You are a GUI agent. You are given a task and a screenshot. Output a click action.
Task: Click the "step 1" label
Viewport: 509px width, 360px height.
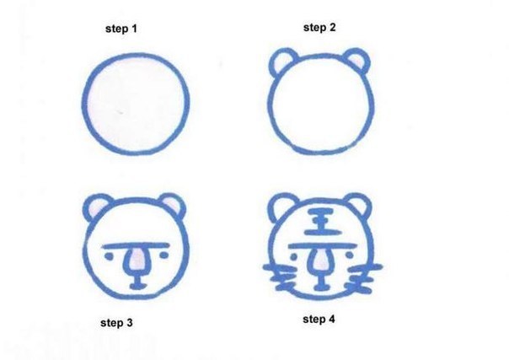coord(121,29)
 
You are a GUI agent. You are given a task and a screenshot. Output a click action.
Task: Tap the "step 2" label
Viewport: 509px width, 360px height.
coord(319,27)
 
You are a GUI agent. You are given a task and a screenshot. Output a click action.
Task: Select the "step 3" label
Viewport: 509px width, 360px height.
coord(116,323)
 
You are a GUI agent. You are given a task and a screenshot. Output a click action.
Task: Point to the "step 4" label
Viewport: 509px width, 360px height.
coord(319,319)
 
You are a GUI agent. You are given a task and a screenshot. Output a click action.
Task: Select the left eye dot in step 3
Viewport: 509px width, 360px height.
coord(109,256)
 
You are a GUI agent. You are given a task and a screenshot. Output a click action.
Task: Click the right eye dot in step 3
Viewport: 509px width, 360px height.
coord(164,255)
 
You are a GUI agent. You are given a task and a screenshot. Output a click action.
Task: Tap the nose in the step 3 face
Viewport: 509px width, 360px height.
coord(137,260)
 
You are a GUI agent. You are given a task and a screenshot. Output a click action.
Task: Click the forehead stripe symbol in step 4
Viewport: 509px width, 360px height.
coord(322,222)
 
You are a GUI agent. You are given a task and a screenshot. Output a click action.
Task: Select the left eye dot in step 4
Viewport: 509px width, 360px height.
coord(294,257)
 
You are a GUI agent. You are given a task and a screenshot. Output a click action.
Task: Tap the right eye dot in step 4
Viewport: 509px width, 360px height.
coord(349,255)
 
